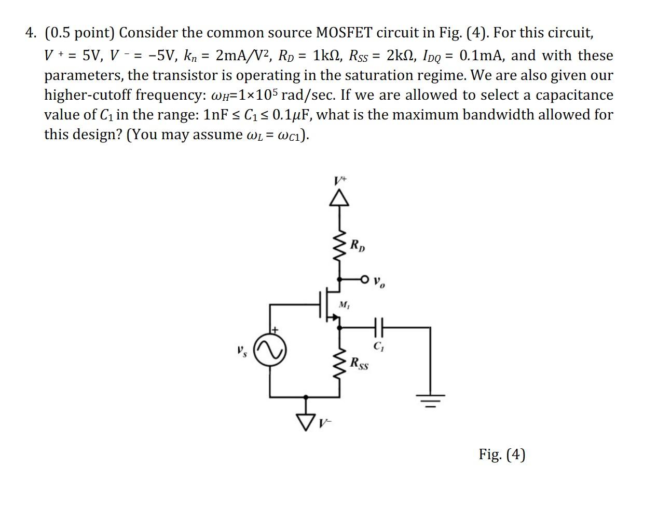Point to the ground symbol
tap(429, 399)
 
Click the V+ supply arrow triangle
tap(340, 197)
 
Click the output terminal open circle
tap(364, 279)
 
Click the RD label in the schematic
tap(358, 245)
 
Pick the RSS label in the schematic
tap(359, 363)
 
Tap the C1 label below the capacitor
tap(378, 346)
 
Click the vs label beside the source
tap(242, 351)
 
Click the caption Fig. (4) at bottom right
tap(502, 455)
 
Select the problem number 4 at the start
tap(30, 33)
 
